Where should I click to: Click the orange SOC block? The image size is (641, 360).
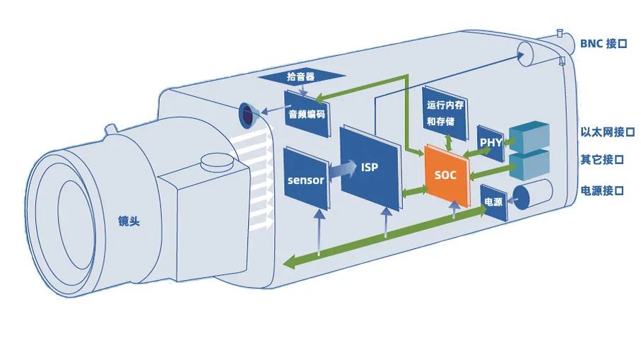tap(445, 174)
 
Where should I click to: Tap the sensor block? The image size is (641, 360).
tap(305, 179)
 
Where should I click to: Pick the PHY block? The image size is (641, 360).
tap(490, 142)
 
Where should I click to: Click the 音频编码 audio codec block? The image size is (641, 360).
tap(306, 111)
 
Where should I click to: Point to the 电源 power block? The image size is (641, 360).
tap(493, 202)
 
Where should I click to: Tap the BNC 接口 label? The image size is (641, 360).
tap(604, 43)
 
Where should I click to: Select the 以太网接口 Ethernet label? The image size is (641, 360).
tap(607, 132)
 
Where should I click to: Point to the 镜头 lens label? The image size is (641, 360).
tap(129, 221)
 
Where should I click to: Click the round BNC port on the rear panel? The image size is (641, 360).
tap(526, 52)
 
